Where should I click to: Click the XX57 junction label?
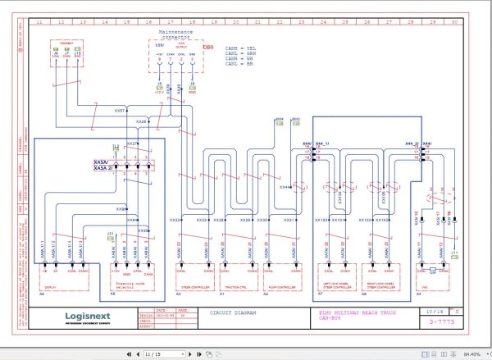[119, 110]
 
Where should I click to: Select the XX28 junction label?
[140, 121]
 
